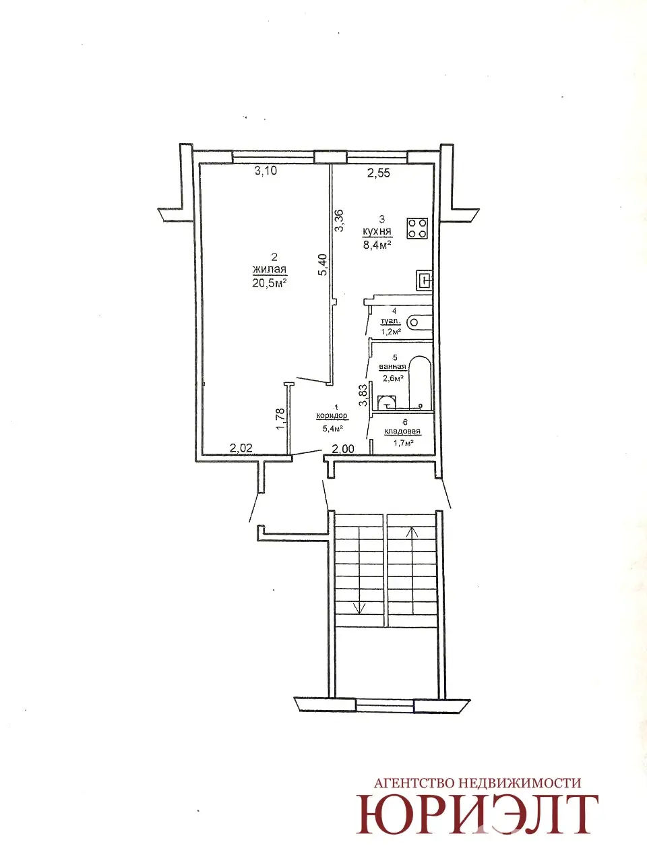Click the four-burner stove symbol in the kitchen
click(417, 229)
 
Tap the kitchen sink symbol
click(424, 280)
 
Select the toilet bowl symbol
click(419, 323)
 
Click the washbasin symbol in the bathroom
click(387, 403)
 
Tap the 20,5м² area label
click(269, 283)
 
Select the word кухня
click(377, 231)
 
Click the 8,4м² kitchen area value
click(377, 245)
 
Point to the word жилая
click(269, 270)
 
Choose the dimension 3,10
click(266, 171)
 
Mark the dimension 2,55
click(379, 173)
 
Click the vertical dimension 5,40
click(323, 266)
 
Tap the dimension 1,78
click(280, 419)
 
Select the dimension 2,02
click(241, 448)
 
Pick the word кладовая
click(402, 431)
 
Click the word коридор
click(332, 415)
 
